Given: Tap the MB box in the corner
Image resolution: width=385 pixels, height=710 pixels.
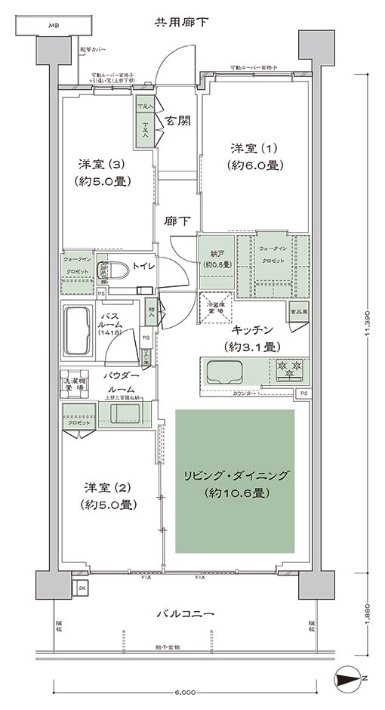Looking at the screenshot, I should pyautogui.click(x=54, y=26).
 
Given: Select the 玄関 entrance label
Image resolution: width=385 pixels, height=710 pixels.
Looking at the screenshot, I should pyautogui.click(x=177, y=120).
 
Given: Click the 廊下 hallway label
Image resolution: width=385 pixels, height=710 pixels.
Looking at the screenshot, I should pyautogui.click(x=177, y=221).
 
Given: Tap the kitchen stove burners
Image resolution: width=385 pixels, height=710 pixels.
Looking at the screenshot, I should pyautogui.click(x=291, y=370).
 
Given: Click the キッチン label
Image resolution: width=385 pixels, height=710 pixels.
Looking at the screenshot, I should pyautogui.click(x=253, y=338).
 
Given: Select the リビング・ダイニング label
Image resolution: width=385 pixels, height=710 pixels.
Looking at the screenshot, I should pyautogui.click(x=236, y=483).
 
